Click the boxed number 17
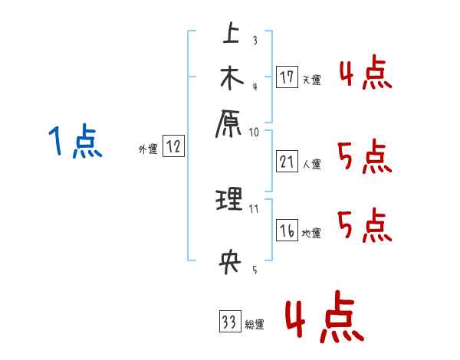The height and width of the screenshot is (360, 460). tap(287, 77)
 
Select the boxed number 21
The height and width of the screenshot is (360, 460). tap(287, 162)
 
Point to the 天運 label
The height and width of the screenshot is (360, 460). tap(311, 80)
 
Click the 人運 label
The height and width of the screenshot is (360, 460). tap(311, 164)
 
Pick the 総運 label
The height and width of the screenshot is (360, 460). tap(255, 324)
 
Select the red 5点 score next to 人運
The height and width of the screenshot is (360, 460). tap(364, 159)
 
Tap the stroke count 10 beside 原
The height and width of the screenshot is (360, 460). tap(254, 131)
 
